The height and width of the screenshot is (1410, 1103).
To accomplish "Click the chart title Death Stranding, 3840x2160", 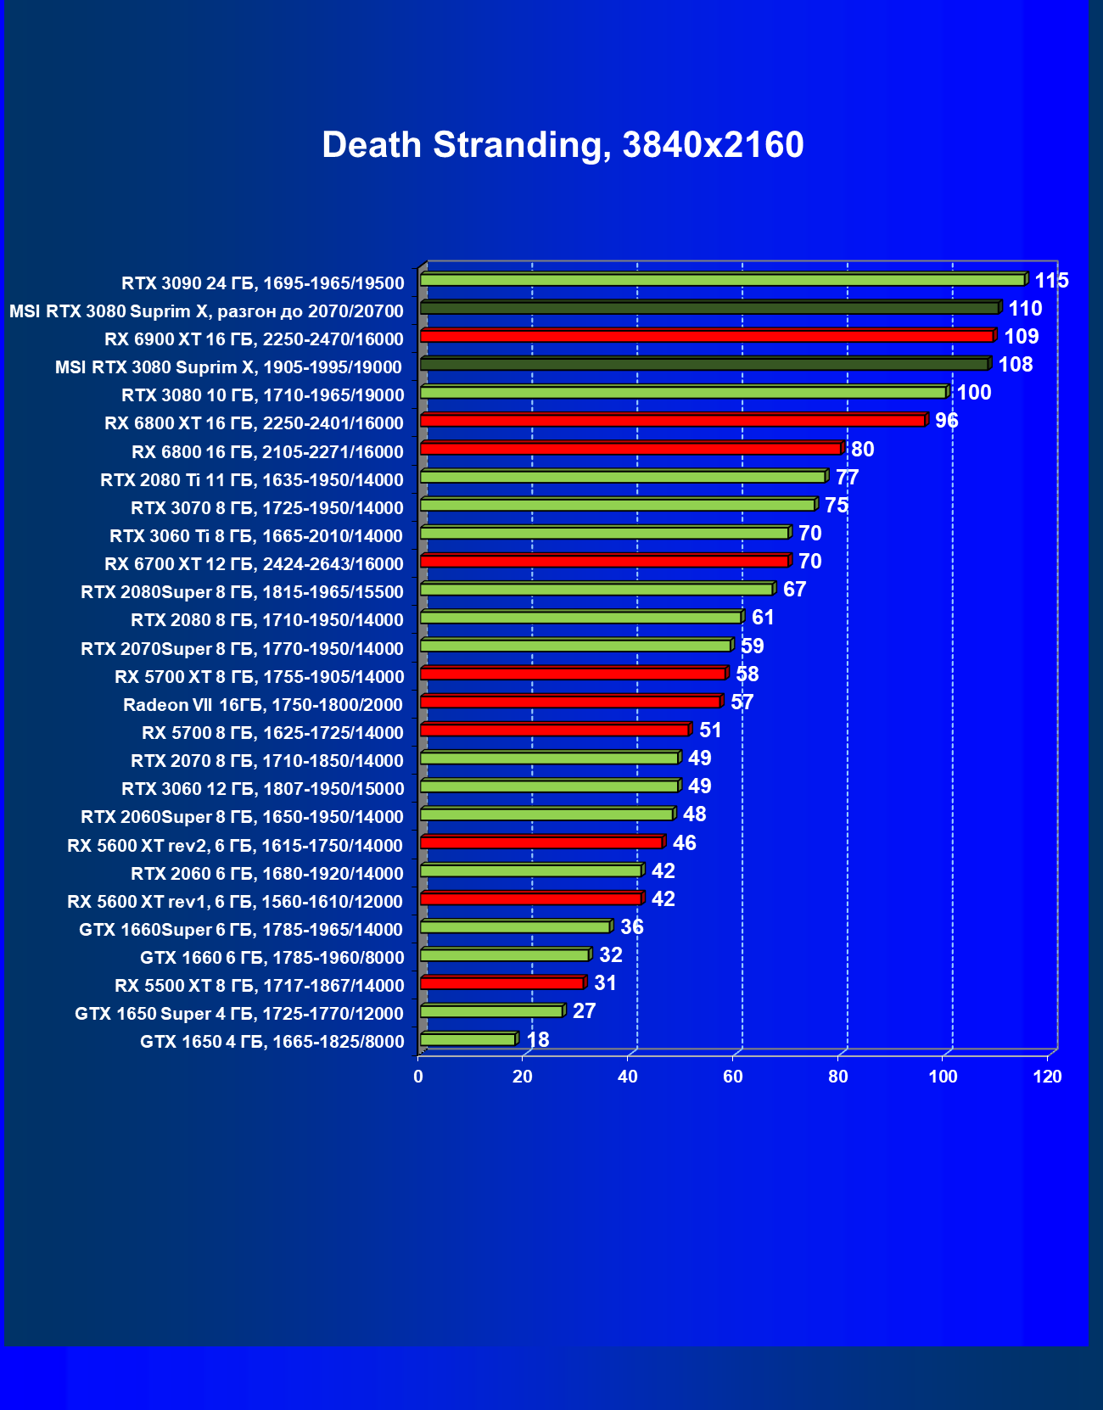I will pos(563,145).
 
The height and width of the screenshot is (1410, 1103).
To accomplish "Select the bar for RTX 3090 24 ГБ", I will pos(723,280).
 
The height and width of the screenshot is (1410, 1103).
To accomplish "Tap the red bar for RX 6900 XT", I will pos(707,336).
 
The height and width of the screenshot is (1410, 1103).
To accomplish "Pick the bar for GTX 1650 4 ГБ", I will pos(468,1039).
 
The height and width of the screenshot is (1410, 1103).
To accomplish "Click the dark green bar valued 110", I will pos(709,308).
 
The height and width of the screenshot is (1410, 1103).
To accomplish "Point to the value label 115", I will pos(1051,281).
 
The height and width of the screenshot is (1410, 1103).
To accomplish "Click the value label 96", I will pos(946,421).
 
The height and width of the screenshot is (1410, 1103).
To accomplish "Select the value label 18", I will pos(538,1039).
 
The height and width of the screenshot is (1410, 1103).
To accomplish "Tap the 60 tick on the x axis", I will pos(733,1077).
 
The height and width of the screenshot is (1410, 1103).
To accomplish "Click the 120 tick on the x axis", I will pos(1048,1077).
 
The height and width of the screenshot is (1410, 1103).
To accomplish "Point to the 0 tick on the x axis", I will pos(418,1077).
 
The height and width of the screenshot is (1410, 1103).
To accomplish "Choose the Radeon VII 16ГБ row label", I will pos(263,705).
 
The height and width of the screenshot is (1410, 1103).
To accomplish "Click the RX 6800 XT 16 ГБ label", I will pos(254,423).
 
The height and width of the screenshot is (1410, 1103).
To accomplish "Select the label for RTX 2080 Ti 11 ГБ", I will pos(252,480).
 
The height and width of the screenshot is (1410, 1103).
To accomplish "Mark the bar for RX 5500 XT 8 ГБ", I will pos(502,983).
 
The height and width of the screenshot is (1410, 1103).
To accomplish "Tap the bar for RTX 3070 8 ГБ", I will pos(619,505).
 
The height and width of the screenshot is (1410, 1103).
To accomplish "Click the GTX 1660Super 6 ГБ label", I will pos(241,930).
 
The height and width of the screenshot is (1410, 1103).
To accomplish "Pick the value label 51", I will pos(710,730).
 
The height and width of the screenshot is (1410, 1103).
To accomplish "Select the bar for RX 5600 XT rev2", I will pos(541,842).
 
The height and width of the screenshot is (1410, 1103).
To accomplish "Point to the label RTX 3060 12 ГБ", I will pos(263,789).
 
